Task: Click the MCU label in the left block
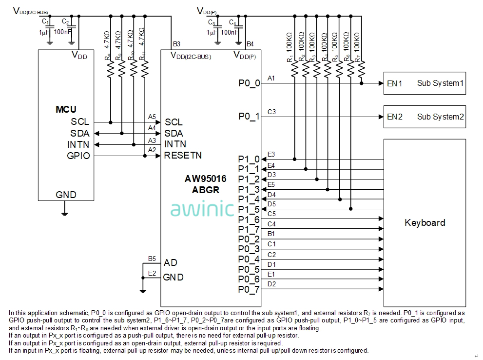click(66, 109)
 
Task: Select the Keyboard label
click(425, 223)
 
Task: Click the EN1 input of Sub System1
click(394, 83)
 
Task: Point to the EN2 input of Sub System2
click(394, 117)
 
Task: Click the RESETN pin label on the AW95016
click(183, 156)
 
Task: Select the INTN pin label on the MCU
click(78, 144)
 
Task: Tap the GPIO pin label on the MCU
click(78, 156)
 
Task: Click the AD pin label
click(171, 262)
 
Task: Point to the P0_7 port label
click(249, 290)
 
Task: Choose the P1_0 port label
click(249, 159)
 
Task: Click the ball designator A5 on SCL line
click(152, 117)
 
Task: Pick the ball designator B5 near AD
click(152, 258)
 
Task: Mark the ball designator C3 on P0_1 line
click(271, 112)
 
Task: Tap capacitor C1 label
click(45, 21)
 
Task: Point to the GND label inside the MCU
click(66, 195)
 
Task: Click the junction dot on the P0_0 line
click(361, 83)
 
